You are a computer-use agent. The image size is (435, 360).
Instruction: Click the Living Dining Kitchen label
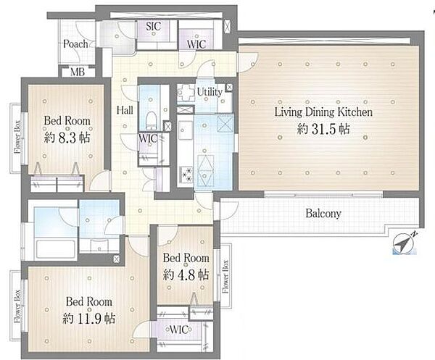323,112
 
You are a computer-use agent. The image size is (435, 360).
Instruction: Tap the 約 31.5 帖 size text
323,129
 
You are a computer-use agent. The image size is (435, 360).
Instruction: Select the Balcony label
323,214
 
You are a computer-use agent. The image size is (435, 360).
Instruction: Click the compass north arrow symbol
405,243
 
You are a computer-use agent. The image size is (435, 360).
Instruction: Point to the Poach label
75,43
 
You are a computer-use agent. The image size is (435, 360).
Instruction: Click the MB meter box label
78,72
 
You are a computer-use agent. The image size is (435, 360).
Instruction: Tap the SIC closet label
153,26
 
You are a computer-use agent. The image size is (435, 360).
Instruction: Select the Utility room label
210,92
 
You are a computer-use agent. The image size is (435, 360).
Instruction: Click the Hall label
125,110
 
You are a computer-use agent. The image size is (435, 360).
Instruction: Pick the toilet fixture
152,120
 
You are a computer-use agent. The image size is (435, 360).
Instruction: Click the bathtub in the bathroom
56,248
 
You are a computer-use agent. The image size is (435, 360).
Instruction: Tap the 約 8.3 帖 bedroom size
67,138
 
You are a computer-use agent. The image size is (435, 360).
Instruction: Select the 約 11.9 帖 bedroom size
88,319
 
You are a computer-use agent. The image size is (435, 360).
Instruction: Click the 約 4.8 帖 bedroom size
186,275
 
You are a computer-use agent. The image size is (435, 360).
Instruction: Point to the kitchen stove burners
186,175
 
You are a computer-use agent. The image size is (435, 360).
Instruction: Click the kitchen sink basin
186,130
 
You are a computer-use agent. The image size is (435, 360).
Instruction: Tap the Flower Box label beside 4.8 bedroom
225,276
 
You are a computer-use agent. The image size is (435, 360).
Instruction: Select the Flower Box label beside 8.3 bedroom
17,137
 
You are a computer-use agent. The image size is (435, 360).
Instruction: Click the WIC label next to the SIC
196,44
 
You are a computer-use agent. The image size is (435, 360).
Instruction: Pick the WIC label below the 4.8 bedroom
179,330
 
